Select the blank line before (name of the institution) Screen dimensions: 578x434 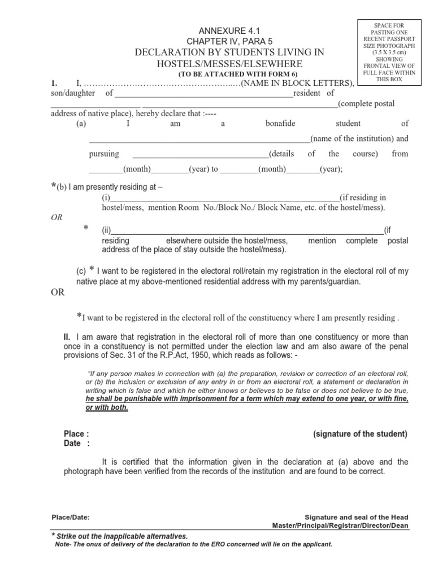[x=199, y=139]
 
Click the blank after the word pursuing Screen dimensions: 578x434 [x=201, y=154]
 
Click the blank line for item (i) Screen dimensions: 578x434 [x=224, y=198]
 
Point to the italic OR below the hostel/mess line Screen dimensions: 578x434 [x=57, y=217]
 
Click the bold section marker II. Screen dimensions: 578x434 [x=67, y=337]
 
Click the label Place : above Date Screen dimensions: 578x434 [x=76, y=434]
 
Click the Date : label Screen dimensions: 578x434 [x=76, y=444]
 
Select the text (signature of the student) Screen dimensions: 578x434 [x=360, y=434]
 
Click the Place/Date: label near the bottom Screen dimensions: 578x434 [x=70, y=517]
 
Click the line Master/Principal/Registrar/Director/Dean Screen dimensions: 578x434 [x=340, y=526]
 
